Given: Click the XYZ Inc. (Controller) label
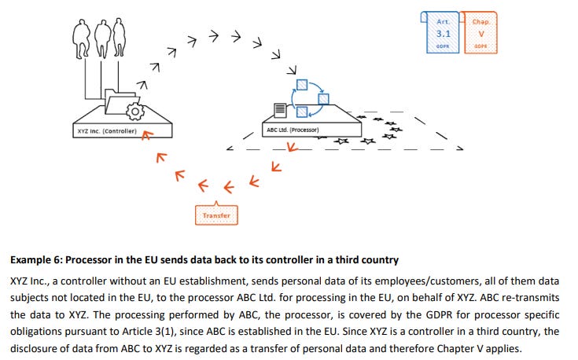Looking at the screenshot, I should [107, 130].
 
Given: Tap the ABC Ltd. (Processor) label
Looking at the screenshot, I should [292, 129].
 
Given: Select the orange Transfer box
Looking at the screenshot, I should [215, 215].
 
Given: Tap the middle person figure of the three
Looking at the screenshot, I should [101, 35].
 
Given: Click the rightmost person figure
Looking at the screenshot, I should [119, 35].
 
